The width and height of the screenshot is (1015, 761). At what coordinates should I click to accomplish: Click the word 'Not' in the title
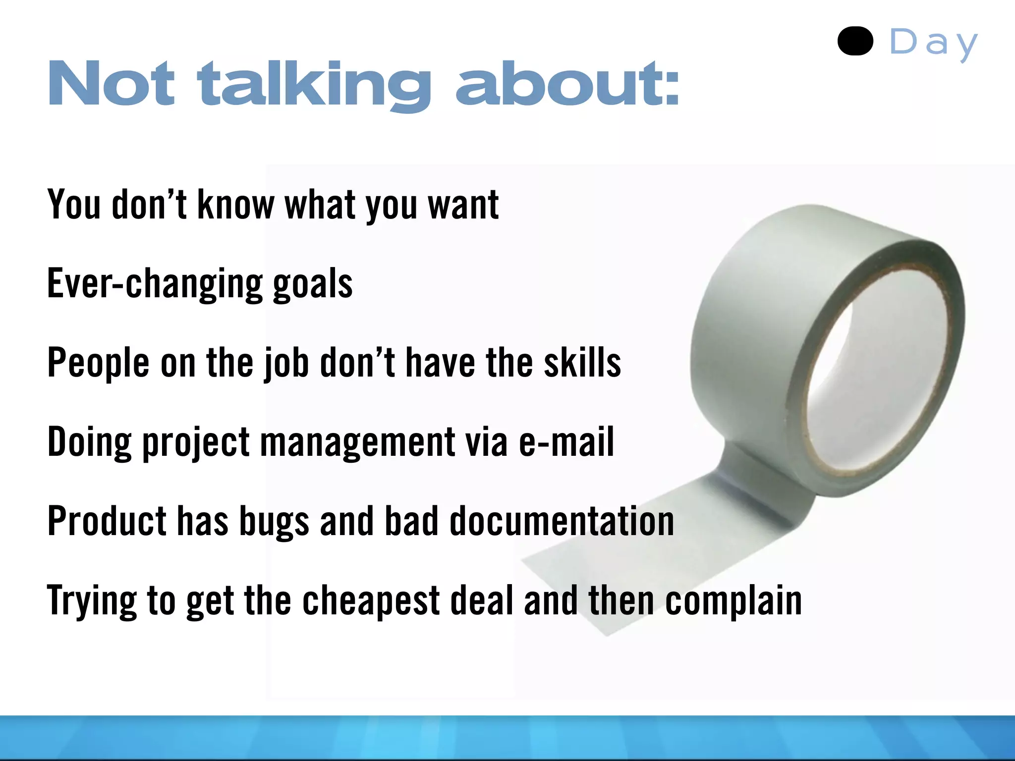tap(111, 83)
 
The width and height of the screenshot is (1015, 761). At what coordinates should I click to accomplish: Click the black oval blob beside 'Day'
tap(855, 41)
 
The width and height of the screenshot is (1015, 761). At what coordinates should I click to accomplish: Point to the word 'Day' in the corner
tap(933, 43)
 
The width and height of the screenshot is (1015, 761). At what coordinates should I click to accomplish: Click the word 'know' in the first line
tap(235, 204)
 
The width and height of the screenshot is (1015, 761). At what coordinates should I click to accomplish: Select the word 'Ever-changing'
tap(154, 283)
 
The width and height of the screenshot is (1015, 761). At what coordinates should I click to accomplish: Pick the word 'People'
tap(98, 363)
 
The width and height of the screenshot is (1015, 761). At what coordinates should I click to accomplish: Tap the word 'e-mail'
tap(566, 441)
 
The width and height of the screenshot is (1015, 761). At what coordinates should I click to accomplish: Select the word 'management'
tap(357, 442)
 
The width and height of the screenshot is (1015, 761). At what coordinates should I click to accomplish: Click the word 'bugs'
tap(274, 522)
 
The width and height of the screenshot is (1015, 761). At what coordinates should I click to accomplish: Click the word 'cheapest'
tap(371, 600)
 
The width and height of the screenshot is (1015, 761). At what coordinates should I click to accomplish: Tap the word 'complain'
tap(733, 600)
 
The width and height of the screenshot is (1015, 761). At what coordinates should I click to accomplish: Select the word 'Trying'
tap(92, 601)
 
